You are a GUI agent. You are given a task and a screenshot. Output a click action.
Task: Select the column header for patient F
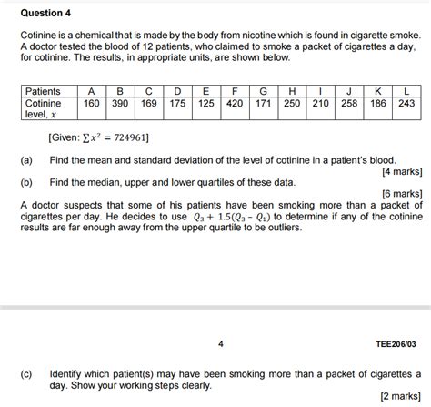235,92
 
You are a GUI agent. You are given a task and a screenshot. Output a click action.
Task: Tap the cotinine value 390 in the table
120,104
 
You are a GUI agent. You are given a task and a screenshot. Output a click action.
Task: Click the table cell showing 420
235,104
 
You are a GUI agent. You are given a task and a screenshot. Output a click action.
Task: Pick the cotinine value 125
206,104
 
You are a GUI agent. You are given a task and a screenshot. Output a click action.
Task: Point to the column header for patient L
406,92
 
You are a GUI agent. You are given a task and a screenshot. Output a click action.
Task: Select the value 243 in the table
406,104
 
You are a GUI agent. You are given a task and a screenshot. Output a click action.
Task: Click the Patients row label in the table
43,92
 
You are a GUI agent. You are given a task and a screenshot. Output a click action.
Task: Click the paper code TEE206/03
396,344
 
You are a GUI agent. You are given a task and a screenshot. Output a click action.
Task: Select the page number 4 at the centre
221,344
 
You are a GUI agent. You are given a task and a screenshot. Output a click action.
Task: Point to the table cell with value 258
349,104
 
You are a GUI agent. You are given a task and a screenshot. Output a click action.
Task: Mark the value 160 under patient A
92,104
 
